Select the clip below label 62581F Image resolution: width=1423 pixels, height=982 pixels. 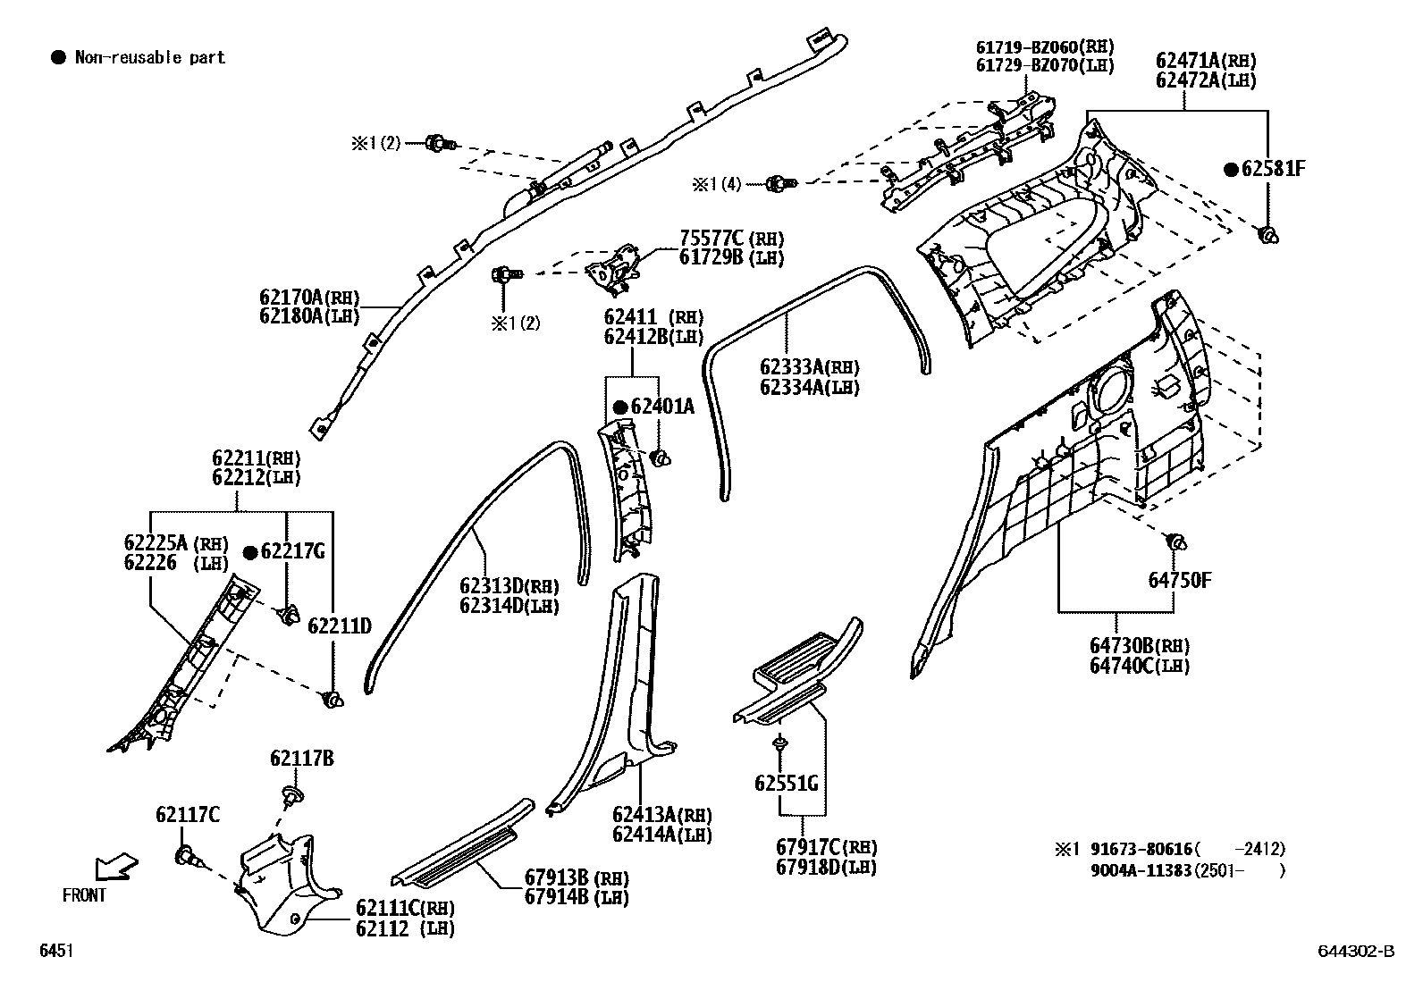1267,235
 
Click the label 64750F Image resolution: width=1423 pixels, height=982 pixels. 1180,580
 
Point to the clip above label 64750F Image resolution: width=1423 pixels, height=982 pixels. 1175,541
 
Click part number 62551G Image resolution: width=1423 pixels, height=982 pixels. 787,784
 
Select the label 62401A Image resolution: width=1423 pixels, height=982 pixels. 662,407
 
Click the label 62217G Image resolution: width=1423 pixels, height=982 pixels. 292,551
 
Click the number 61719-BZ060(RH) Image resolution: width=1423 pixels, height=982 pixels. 1044,46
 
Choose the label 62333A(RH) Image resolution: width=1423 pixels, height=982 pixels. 809,367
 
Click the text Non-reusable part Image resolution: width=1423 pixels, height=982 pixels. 149,58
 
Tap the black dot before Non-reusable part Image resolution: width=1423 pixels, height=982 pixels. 58,58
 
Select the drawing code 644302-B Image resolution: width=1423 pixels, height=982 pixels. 1355,952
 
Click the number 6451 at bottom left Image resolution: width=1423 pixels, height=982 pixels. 55,952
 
